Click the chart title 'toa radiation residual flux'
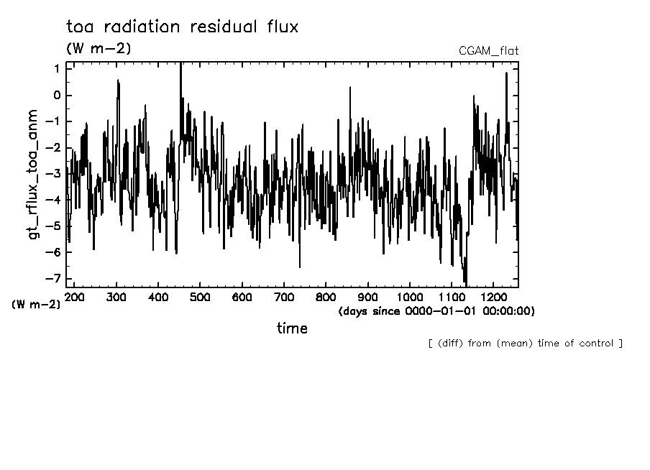tap(181, 27)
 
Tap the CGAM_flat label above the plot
tap(488, 50)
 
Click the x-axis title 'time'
tap(292, 328)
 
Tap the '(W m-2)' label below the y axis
tap(36, 304)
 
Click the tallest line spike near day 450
tap(180, 65)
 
